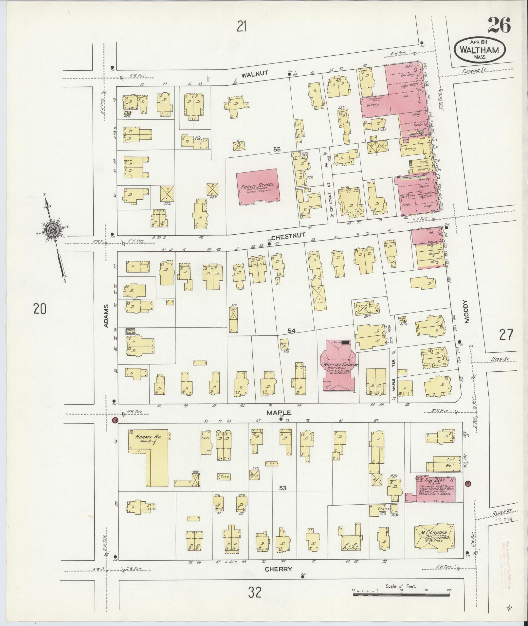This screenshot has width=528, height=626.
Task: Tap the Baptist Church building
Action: pyautogui.click(x=339, y=367)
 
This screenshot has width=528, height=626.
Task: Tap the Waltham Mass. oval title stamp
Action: pyautogui.click(x=480, y=49)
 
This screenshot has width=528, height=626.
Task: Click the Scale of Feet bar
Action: pyautogui.click(x=401, y=593)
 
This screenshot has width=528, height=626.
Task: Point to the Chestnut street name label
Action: pyautogui.click(x=288, y=236)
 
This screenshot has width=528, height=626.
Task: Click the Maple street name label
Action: pyautogui.click(x=279, y=413)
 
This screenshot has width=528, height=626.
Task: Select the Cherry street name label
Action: pyautogui.click(x=278, y=569)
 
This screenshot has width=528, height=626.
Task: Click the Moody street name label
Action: pyautogui.click(x=466, y=312)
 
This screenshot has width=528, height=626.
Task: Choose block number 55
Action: pyautogui.click(x=277, y=149)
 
